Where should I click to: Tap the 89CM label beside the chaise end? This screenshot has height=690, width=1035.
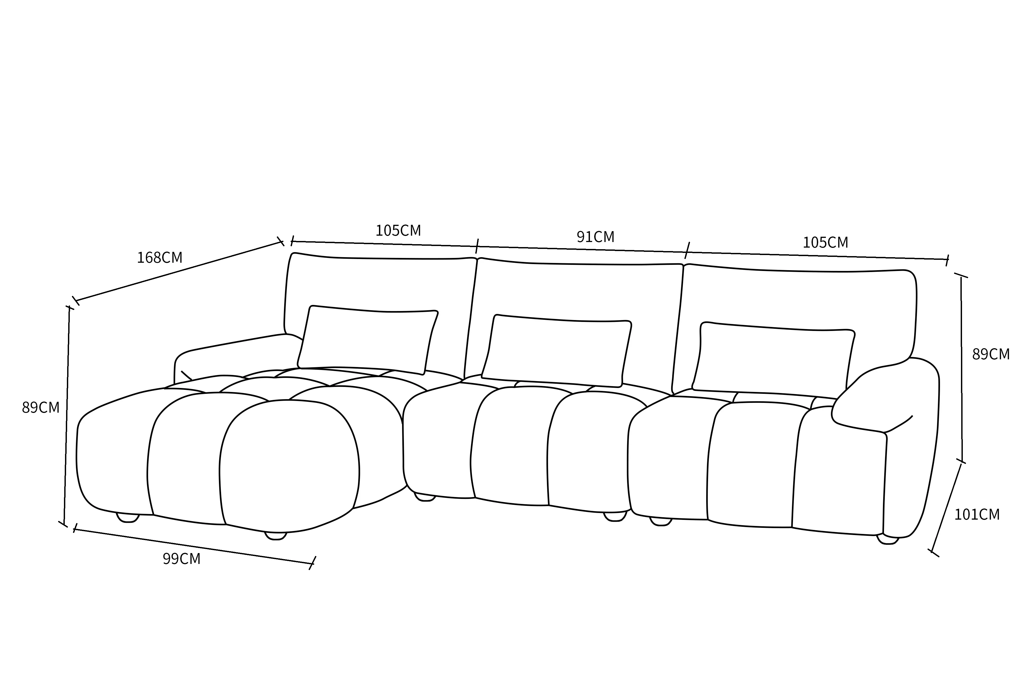[41, 407]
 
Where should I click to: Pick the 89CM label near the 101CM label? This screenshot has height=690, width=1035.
[991, 354]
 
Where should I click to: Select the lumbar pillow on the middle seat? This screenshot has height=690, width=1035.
[557, 351]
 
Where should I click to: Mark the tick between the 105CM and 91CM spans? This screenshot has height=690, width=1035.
[477, 246]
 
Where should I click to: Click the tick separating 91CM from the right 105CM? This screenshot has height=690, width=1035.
[687, 250]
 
